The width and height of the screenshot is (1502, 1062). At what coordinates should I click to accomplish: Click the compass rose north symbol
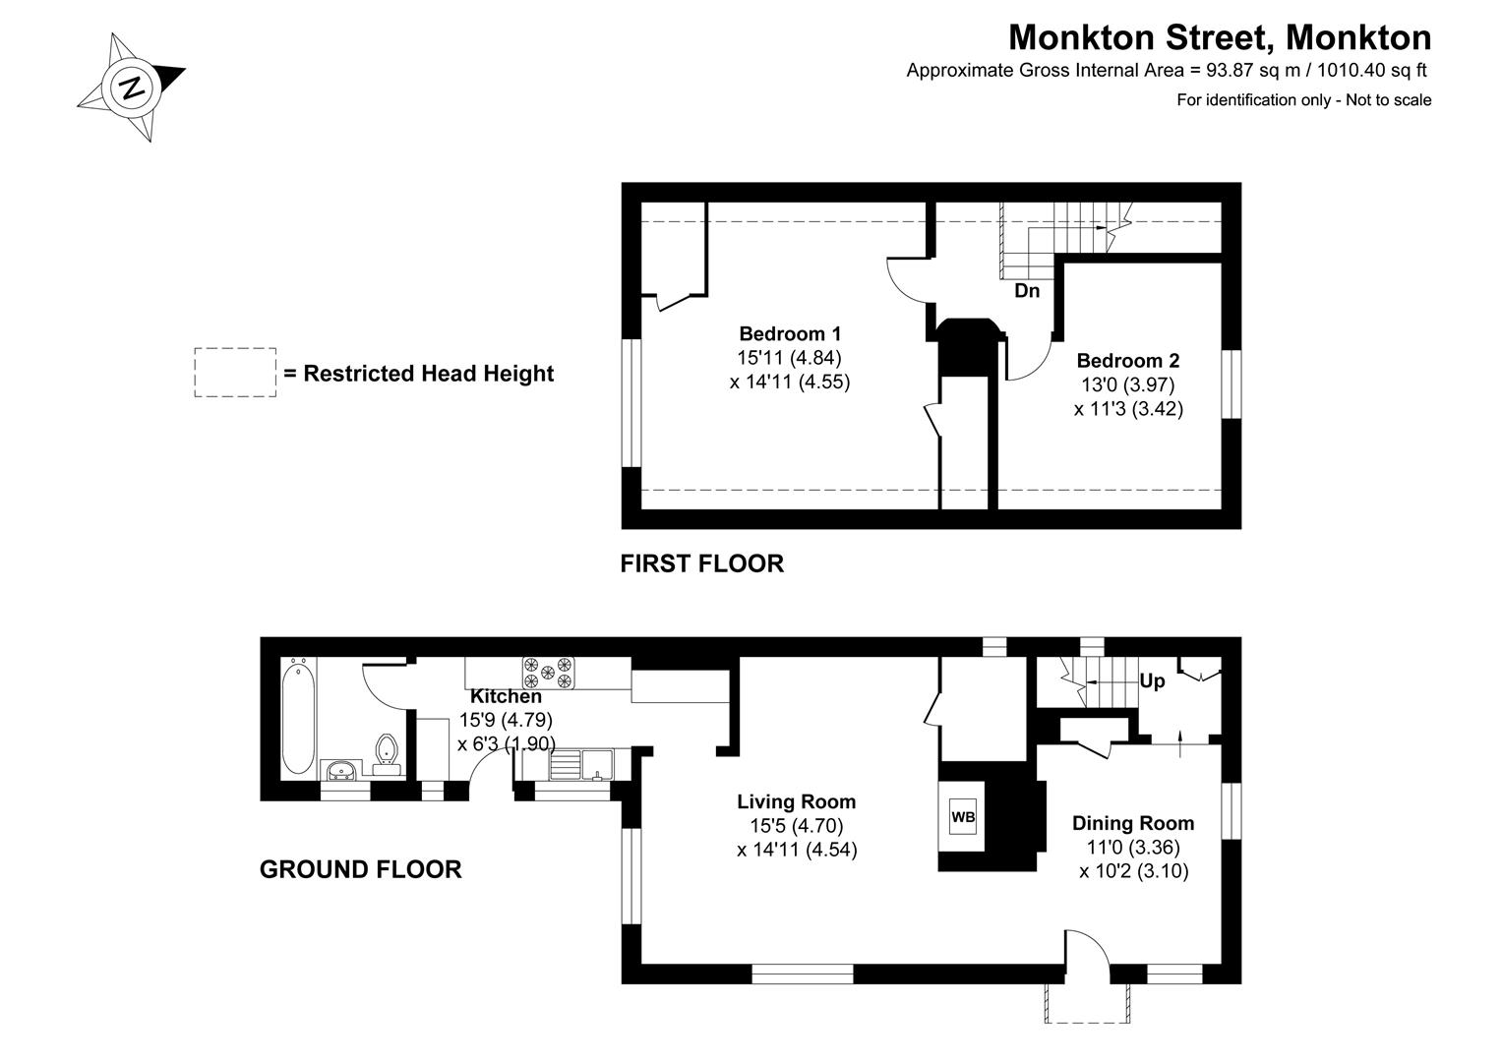point(132,88)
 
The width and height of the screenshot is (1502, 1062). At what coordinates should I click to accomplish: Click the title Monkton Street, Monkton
point(1220,37)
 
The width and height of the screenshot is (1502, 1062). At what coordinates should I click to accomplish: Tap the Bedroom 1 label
point(789,333)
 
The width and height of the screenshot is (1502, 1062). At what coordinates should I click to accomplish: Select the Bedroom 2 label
point(1127,361)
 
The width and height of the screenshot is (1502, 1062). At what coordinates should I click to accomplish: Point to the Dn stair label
point(1027,291)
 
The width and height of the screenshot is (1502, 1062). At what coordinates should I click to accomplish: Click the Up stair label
point(1152,680)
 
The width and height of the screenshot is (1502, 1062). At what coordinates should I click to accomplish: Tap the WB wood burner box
point(963,817)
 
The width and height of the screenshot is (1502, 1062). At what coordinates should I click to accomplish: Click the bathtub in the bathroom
point(298,720)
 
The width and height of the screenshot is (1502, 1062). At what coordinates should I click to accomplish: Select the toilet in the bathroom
point(388,748)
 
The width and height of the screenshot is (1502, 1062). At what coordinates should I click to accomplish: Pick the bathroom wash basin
point(341,769)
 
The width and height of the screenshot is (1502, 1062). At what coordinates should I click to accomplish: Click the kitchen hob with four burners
point(548,673)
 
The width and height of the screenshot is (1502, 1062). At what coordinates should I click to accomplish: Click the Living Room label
point(796,801)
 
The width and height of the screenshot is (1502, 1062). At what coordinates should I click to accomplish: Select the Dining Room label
point(1132,823)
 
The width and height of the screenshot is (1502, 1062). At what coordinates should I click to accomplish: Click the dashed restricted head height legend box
point(235,373)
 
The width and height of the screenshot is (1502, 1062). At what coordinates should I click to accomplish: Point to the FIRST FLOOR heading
point(701,563)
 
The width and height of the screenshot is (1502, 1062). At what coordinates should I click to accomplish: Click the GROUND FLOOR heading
point(360,869)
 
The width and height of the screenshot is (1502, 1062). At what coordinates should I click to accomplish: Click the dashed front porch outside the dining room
point(1089,1003)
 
